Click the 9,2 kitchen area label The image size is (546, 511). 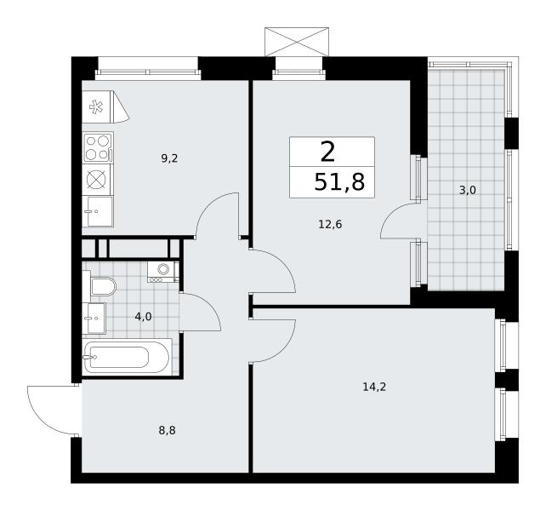pos(169,159)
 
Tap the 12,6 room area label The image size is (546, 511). pos(330,224)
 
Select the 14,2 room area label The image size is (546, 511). pos(374,387)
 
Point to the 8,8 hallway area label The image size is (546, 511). pos(168,431)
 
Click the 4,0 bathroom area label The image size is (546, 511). pos(143,317)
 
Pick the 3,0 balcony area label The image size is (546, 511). pos(467,191)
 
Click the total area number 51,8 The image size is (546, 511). pos(339,182)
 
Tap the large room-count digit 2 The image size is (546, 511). pos(327,152)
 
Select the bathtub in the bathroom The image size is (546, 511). pos(127,357)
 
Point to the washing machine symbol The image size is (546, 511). pos(163,272)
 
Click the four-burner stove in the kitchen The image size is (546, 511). pos(98,147)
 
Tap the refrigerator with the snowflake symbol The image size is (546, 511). pos(105,106)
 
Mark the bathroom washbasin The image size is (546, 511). pos(94,319)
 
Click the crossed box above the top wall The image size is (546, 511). pos(297,42)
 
